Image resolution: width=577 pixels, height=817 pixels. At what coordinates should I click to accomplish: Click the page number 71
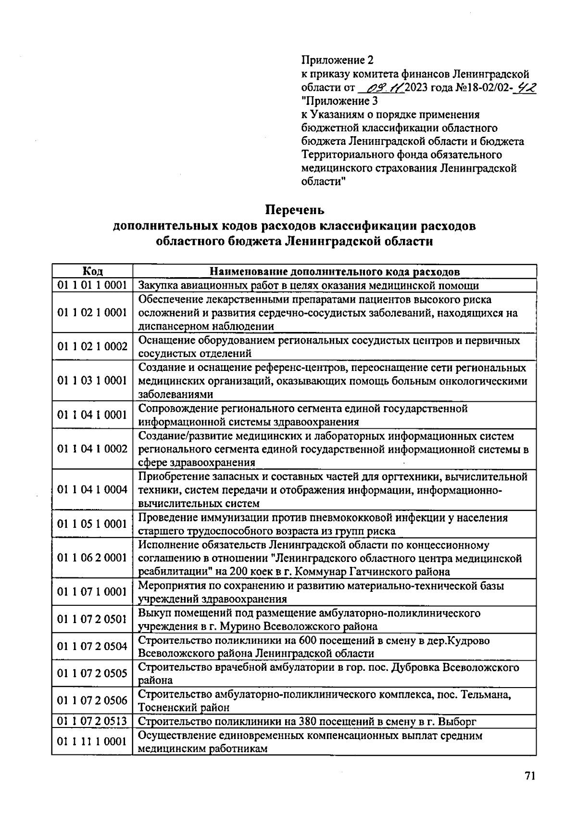point(529,776)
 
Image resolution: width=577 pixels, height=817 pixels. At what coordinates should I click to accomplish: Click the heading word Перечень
point(296,210)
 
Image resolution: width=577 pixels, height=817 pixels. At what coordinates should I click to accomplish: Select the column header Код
point(92,271)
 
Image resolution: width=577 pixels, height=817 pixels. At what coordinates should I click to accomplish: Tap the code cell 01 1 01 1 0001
point(92,285)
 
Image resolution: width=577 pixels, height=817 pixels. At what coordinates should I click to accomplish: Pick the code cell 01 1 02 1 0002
point(92,347)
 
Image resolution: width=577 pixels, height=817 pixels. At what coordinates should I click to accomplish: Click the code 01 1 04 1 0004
point(92,490)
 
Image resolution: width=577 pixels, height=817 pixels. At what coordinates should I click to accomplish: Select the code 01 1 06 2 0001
point(92,558)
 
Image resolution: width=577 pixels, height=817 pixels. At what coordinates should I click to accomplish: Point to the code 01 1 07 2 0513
point(92,721)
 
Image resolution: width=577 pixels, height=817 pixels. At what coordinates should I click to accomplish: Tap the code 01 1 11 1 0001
point(92,741)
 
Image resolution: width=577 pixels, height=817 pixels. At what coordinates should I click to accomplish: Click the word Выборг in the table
point(459,721)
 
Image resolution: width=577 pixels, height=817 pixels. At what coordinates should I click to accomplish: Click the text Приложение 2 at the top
point(337,60)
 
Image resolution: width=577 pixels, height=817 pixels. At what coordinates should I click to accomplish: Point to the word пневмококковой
point(354,518)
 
